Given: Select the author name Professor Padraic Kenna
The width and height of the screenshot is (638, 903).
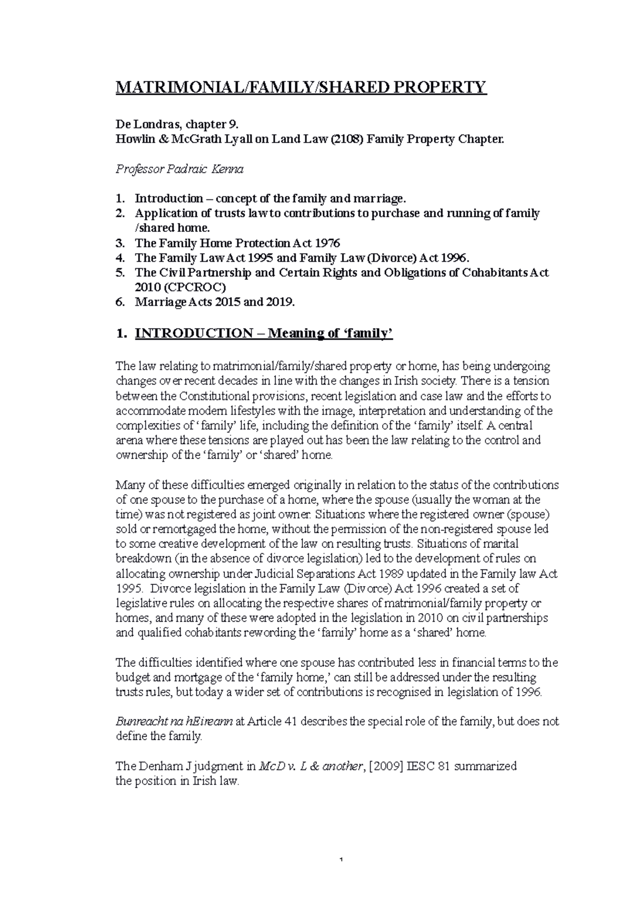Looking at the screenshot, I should (x=179, y=170).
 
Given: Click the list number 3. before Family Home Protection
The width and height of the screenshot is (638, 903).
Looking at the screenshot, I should (x=121, y=244).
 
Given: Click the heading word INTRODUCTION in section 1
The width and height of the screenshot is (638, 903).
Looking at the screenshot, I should (x=194, y=333).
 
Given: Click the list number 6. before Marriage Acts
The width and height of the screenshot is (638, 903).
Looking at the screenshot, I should (x=121, y=303).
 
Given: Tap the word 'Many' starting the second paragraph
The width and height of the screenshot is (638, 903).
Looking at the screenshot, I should (x=127, y=486).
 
